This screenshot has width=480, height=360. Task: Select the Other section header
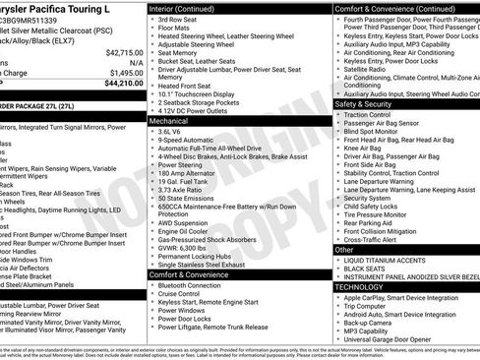(345, 250)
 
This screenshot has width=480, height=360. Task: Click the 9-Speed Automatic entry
(186, 140)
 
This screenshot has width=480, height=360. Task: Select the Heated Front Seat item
(186, 85)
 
